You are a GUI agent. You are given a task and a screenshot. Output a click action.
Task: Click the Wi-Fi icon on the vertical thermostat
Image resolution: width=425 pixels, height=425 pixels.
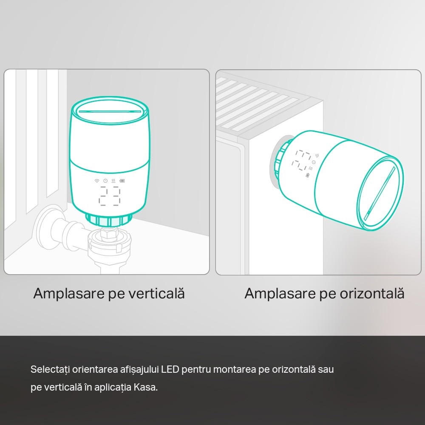[97, 181]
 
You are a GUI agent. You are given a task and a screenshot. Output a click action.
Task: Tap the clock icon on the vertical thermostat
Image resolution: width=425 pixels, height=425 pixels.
[105, 181]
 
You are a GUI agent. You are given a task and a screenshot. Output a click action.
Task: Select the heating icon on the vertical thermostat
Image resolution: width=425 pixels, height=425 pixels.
[113, 181]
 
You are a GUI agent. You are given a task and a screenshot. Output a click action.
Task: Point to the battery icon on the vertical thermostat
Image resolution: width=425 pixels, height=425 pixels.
[122, 181]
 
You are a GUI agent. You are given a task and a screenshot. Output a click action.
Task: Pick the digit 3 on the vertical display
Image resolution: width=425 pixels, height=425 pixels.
[116, 196]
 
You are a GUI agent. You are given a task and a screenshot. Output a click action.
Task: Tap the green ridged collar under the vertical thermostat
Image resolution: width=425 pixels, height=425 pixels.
[109, 220]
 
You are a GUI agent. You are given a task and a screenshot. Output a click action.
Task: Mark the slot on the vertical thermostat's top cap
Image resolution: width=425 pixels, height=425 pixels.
[110, 110]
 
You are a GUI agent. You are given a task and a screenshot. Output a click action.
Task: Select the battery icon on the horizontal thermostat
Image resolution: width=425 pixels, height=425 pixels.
[308, 175]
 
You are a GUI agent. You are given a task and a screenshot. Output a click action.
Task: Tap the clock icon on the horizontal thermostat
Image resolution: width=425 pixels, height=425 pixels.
[314, 162]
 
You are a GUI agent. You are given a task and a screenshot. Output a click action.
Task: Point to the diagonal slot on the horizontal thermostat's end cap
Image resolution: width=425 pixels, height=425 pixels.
[379, 193]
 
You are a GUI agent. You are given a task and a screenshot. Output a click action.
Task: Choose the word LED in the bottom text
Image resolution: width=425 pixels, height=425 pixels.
[170, 369]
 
